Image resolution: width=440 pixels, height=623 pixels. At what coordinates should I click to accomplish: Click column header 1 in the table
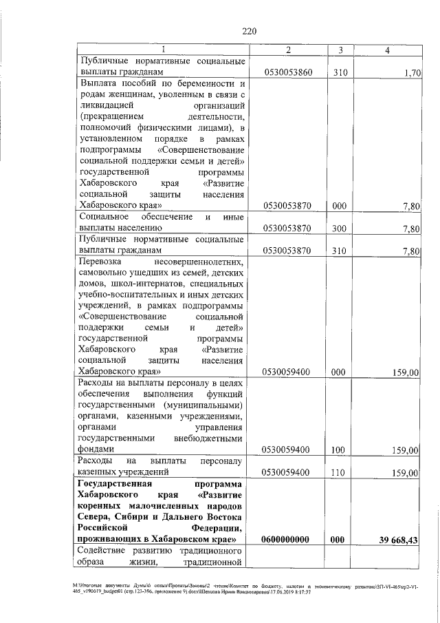click(163, 50)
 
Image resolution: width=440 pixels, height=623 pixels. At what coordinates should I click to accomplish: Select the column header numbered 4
click(388, 50)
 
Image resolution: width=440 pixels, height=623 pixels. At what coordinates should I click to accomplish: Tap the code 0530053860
click(287, 72)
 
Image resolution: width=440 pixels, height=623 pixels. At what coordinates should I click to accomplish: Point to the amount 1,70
click(412, 72)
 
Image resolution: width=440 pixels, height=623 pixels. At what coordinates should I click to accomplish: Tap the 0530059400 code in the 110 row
click(287, 473)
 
